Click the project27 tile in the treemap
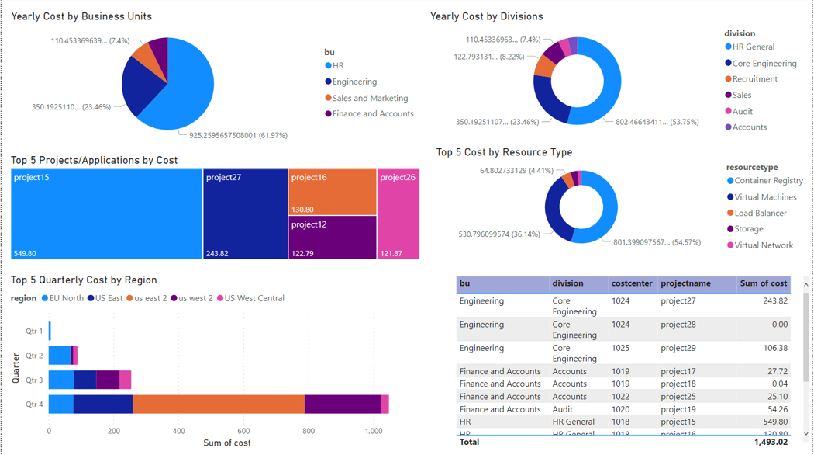(245, 214)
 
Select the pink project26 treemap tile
(398, 214)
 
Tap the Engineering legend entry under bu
(354, 82)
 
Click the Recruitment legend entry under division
(754, 79)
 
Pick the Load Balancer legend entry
(760, 213)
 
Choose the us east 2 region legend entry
(150, 298)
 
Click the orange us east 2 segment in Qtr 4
(219, 404)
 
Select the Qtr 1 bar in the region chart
(50, 332)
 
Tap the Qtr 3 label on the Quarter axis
(34, 380)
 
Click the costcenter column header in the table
(631, 283)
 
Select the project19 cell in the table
(678, 409)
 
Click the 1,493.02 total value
(771, 442)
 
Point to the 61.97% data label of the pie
(238, 135)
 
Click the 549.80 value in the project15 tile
(26, 253)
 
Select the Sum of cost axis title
(227, 443)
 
